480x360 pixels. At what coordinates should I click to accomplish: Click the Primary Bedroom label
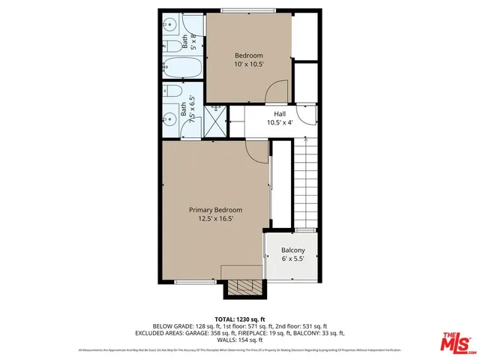(x=215, y=210)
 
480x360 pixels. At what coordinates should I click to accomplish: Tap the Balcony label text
(x=292, y=250)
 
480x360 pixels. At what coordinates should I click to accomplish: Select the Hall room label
(x=279, y=114)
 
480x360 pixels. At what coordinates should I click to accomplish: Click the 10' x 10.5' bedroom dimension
(x=249, y=65)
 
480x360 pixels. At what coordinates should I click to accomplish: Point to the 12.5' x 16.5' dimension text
(x=215, y=219)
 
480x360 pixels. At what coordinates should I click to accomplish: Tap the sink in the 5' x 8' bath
(x=169, y=22)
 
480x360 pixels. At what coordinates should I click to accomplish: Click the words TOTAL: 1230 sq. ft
(x=241, y=318)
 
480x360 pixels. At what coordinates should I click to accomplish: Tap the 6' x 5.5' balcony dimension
(x=292, y=259)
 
